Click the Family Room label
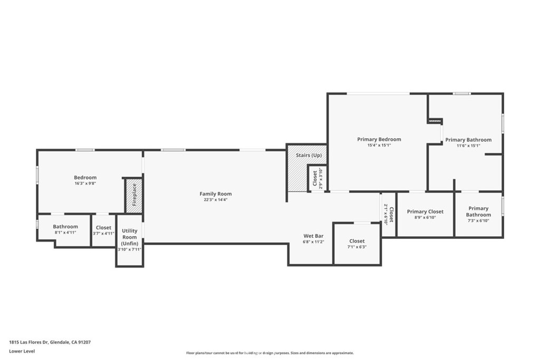click(x=215, y=194)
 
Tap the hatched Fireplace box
click(x=134, y=196)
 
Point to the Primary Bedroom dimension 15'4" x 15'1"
click(x=379, y=145)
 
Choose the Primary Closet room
click(x=425, y=214)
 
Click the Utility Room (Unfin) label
click(x=129, y=237)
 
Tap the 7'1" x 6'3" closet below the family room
click(x=357, y=244)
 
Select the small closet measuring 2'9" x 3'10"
click(x=317, y=179)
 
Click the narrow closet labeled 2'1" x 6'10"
click(x=388, y=215)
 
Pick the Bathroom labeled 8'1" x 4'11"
click(x=65, y=230)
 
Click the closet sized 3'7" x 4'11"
click(x=103, y=230)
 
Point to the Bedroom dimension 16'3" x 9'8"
click(x=85, y=184)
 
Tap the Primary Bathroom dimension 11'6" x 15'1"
click(x=468, y=146)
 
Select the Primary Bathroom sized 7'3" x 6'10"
click(x=478, y=215)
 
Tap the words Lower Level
click(x=22, y=351)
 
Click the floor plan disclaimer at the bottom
click(x=269, y=353)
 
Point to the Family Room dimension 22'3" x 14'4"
click(x=215, y=200)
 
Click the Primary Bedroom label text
click(x=379, y=139)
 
